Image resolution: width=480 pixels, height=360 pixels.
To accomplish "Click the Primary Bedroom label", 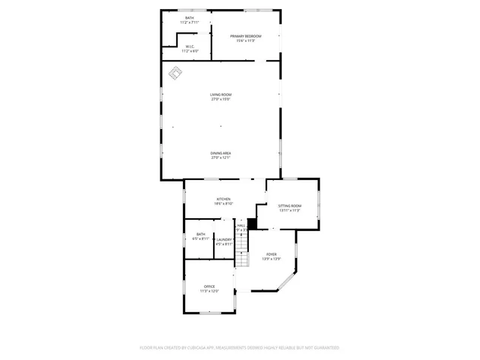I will tap(246, 36).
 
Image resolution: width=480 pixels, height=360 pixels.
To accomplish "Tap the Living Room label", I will tap(220, 94).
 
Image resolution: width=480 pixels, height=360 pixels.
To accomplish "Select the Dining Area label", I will tap(220, 153).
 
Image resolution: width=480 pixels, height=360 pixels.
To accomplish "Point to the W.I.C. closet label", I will tap(190, 46).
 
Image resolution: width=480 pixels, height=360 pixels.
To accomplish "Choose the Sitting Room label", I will tap(289, 205).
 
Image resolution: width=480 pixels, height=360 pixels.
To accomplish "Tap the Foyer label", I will tap(271, 254).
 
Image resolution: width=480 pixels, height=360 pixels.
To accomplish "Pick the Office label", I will tap(209, 286).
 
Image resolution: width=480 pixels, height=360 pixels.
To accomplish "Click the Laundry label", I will tap(224, 239).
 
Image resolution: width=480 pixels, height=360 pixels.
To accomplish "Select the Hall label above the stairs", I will tap(241, 225).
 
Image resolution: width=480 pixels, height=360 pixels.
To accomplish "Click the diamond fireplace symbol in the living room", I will tap(176, 73).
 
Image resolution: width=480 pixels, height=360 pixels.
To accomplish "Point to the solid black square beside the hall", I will tap(252, 223).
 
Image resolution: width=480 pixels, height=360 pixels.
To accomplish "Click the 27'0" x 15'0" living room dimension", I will tap(220, 99).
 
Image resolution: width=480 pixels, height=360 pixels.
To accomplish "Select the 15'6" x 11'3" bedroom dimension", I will tap(246, 40).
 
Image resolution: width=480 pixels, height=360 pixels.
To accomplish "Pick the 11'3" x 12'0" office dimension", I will tap(209, 291).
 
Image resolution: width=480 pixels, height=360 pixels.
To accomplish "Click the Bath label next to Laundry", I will tap(200, 234).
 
